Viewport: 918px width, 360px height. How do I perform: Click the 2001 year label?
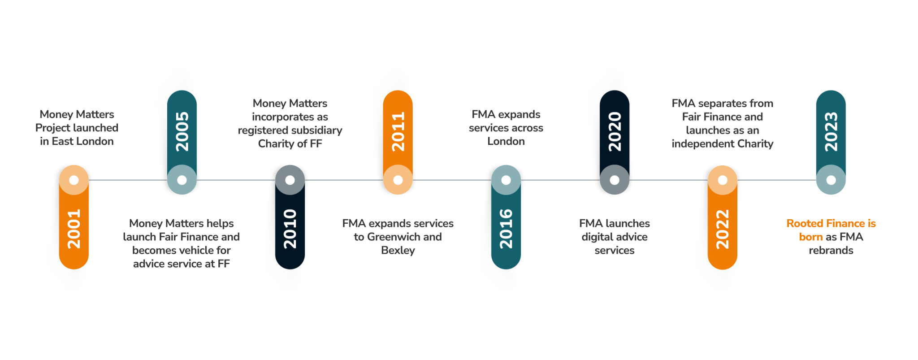(x=74, y=229)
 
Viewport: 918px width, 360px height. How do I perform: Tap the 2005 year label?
(x=182, y=131)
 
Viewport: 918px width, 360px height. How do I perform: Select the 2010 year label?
(x=290, y=229)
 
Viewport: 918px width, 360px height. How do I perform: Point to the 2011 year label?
(x=398, y=131)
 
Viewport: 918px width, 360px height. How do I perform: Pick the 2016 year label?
(x=506, y=229)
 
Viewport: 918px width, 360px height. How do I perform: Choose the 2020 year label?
(x=615, y=131)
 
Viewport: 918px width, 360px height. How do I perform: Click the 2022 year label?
(x=723, y=229)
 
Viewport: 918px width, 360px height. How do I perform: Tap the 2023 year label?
(x=831, y=131)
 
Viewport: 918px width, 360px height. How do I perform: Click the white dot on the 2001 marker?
(x=74, y=180)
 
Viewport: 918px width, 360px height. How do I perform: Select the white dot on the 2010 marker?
(x=290, y=180)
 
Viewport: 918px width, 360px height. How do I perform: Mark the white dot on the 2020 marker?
(x=615, y=180)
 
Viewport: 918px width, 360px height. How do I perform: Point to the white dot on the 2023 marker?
(x=831, y=180)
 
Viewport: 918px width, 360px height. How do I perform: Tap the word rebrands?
(x=831, y=251)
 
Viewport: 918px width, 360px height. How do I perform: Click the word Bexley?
(x=398, y=251)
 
